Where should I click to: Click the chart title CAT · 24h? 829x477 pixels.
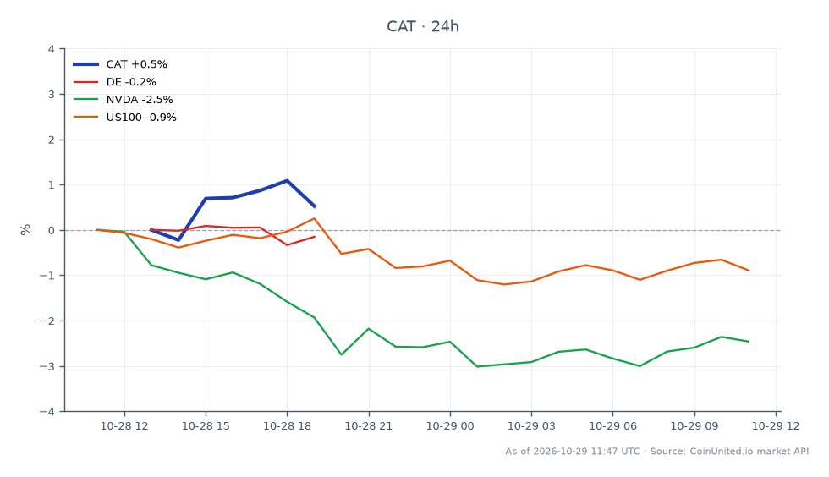point(422,26)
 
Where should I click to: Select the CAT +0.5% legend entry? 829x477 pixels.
point(120,64)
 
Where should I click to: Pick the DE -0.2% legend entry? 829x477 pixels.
point(114,82)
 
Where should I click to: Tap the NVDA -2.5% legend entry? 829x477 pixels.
point(123,100)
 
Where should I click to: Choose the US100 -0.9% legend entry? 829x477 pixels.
point(124,118)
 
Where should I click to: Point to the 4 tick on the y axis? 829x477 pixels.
point(52,49)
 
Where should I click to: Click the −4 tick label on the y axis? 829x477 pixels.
point(47,411)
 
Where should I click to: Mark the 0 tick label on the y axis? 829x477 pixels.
point(52,231)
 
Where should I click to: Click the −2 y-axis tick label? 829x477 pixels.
point(47,321)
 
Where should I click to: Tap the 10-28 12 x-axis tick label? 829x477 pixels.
point(124,426)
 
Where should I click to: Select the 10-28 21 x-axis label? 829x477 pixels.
point(369,426)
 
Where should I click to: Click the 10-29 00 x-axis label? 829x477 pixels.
point(450,426)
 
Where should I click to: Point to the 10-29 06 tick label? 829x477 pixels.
point(612,426)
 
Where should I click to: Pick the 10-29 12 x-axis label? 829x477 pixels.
point(776,426)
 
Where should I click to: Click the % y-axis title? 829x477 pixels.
point(25,229)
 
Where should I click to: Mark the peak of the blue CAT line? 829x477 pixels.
point(287,180)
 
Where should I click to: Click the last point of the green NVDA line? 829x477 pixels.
point(749,342)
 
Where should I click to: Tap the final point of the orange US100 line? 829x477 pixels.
point(749,271)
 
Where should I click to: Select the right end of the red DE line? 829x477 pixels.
point(315,236)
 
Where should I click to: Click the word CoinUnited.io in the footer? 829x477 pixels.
point(721,452)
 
